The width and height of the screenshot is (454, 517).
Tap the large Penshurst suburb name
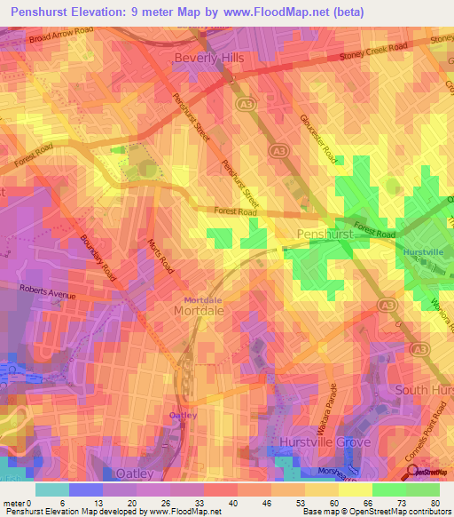tap(326, 234)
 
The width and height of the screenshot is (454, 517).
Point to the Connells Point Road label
tap(435, 436)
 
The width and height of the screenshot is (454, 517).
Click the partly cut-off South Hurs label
tap(424, 390)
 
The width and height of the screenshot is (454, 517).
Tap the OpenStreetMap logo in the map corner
tap(430, 473)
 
